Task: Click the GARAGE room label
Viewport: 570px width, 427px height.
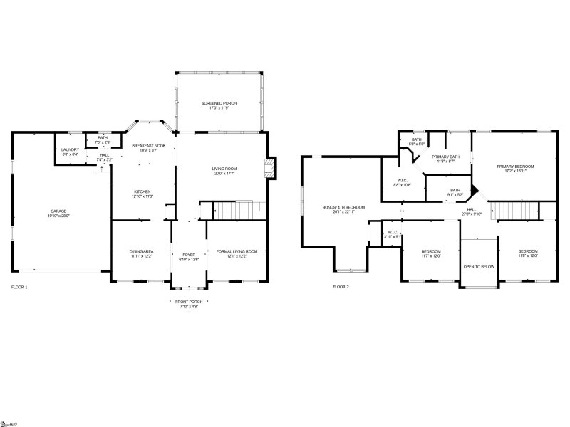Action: [58, 211]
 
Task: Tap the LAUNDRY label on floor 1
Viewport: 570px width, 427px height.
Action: [70, 149]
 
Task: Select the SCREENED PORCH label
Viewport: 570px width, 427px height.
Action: [219, 103]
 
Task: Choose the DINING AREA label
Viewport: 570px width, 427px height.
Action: [141, 251]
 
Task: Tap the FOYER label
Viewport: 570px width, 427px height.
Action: [189, 254]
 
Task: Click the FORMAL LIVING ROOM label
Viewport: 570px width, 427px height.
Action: [237, 251]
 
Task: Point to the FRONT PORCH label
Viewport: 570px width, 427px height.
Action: [189, 302]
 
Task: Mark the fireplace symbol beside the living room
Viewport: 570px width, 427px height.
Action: [269, 168]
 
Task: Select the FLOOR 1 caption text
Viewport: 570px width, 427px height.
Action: [19, 287]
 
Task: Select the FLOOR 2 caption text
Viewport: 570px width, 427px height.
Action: [341, 287]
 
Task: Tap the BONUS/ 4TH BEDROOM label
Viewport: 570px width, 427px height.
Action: [343, 207]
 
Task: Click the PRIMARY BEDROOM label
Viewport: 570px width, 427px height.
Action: [514, 166]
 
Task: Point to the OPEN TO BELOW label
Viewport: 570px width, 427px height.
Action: [479, 266]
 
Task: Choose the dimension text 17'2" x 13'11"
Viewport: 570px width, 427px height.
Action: [514, 171]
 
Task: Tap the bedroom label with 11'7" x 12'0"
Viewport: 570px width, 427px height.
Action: [431, 251]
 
